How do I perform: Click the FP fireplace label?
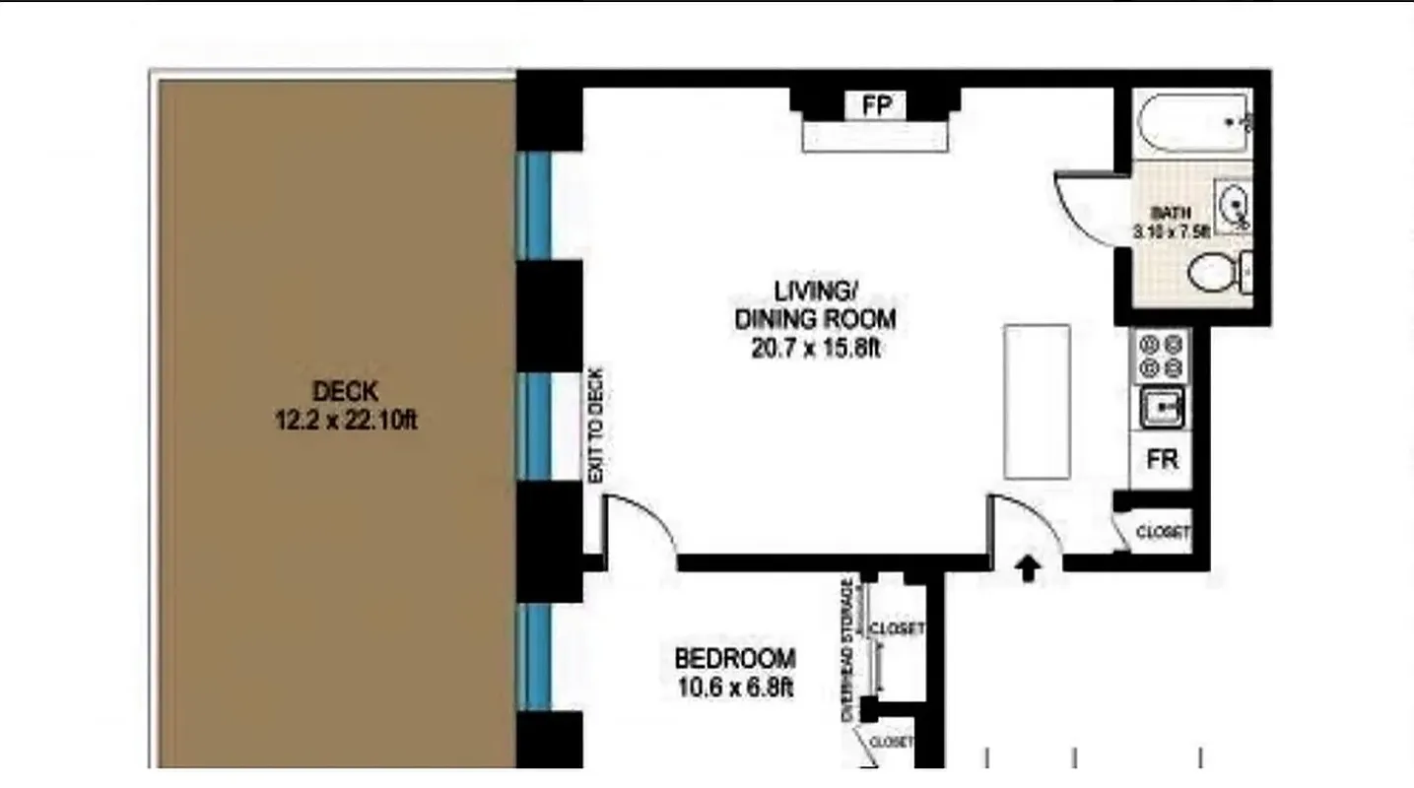(876, 105)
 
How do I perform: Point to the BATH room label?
(1172, 212)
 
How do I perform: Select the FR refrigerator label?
(1163, 459)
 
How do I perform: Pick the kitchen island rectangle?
(1037, 401)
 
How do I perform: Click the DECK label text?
(345, 391)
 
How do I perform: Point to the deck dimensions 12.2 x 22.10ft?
(346, 422)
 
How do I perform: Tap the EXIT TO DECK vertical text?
(595, 425)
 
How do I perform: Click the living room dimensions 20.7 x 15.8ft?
(815, 348)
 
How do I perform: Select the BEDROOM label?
(735, 657)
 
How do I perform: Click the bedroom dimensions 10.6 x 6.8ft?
(735, 687)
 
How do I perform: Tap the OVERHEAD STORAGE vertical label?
(847, 650)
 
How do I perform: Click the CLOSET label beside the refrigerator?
(1163, 533)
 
